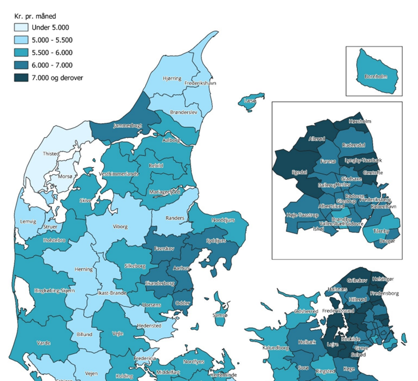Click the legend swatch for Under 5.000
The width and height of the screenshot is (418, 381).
pos(21,28)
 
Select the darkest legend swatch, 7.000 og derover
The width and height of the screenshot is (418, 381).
pos(21,78)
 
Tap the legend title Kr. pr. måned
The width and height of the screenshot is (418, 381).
pos(35,16)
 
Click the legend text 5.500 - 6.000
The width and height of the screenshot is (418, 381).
pos(52,53)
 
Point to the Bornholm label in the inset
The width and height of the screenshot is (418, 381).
pos(376,77)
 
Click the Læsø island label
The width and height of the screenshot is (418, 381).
pos(250,100)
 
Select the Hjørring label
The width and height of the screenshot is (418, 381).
pos(172,79)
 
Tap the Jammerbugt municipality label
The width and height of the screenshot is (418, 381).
pos(127,126)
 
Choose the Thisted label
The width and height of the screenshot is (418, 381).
pos(51,154)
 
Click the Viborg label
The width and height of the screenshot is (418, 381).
pos(120,226)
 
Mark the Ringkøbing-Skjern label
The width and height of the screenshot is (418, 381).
pos(55,290)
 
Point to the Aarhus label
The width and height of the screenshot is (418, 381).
pos(181,268)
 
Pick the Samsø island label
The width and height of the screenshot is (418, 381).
pos(220,315)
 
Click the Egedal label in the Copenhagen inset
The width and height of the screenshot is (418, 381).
pos(299,172)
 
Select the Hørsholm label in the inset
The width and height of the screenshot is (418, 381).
pos(360,121)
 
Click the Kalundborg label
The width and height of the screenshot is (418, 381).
pos(275,348)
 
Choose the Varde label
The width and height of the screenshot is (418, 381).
pos(44,343)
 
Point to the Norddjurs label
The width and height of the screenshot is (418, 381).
pos(223,220)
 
